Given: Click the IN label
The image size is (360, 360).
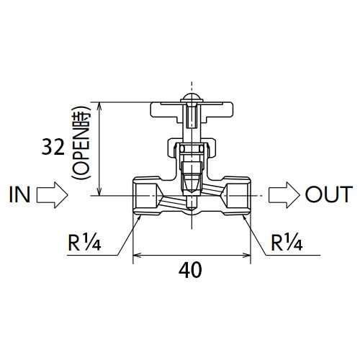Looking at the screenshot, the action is tap(19, 194).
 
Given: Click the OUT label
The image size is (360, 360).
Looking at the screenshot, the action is tap(329, 194).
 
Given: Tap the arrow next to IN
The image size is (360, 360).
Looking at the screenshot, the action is tap(52, 195).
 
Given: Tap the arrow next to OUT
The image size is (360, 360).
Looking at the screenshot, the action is tap(284, 195).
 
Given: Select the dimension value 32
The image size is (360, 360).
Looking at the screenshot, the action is tap(53, 148).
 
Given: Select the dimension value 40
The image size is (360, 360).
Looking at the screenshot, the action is tap(190, 270).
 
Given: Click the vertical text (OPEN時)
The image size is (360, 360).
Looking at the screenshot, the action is tap(81, 143).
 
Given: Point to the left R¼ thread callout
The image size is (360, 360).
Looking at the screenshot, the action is tap(84, 242).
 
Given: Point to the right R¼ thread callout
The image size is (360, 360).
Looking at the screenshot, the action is tap(287, 242).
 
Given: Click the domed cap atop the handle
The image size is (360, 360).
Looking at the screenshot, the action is tap(192, 98).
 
